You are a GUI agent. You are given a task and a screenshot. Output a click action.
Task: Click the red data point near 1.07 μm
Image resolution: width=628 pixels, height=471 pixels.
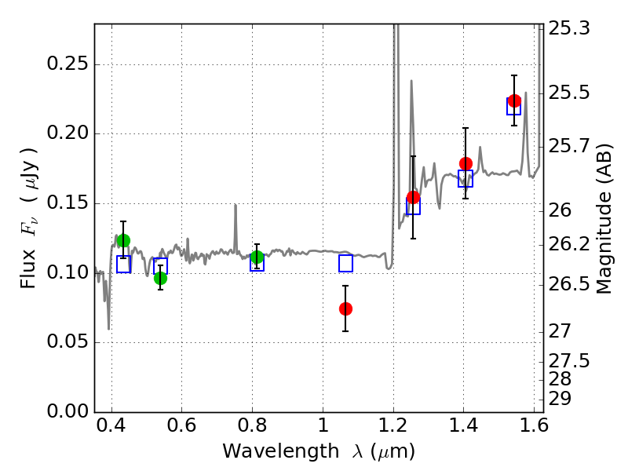(345, 309)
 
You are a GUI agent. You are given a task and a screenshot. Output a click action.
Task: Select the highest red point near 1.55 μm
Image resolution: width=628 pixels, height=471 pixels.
(515, 100)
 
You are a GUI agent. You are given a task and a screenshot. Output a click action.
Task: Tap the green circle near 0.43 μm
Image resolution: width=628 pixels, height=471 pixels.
(123, 240)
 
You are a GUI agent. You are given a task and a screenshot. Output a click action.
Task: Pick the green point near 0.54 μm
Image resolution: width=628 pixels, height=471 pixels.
(160, 278)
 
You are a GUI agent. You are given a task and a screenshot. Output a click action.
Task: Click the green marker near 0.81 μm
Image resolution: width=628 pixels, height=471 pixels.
(257, 257)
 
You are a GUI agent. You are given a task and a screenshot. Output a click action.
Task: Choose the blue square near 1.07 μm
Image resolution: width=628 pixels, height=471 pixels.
(345, 264)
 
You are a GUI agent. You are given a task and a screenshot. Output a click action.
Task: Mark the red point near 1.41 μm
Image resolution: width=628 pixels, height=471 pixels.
(466, 163)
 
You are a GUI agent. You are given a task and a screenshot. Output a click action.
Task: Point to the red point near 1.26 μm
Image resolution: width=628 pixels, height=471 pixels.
(413, 197)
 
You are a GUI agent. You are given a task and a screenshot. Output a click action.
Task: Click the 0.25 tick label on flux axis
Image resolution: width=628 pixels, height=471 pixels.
(67, 64)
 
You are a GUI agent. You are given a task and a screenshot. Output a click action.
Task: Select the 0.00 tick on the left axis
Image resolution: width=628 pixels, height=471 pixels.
(67, 411)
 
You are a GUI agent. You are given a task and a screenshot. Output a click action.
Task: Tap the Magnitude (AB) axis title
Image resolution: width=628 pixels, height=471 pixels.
(604, 218)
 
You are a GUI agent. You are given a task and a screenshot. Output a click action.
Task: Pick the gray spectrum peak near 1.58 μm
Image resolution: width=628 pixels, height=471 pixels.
(525, 94)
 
